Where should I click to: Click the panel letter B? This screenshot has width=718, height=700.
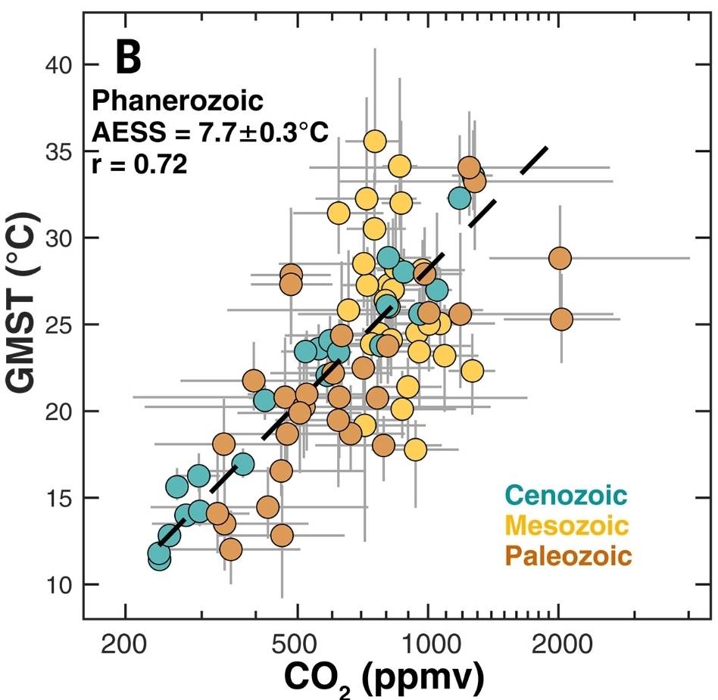pos(129,58)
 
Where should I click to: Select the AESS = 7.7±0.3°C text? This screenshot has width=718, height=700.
pos(210,132)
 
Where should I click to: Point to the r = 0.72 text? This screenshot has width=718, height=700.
pos(139,164)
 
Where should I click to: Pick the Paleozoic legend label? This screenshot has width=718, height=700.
pos(567,556)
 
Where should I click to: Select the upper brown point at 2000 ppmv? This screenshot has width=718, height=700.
pos(560,258)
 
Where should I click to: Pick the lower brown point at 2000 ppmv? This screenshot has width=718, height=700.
pos(561,319)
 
